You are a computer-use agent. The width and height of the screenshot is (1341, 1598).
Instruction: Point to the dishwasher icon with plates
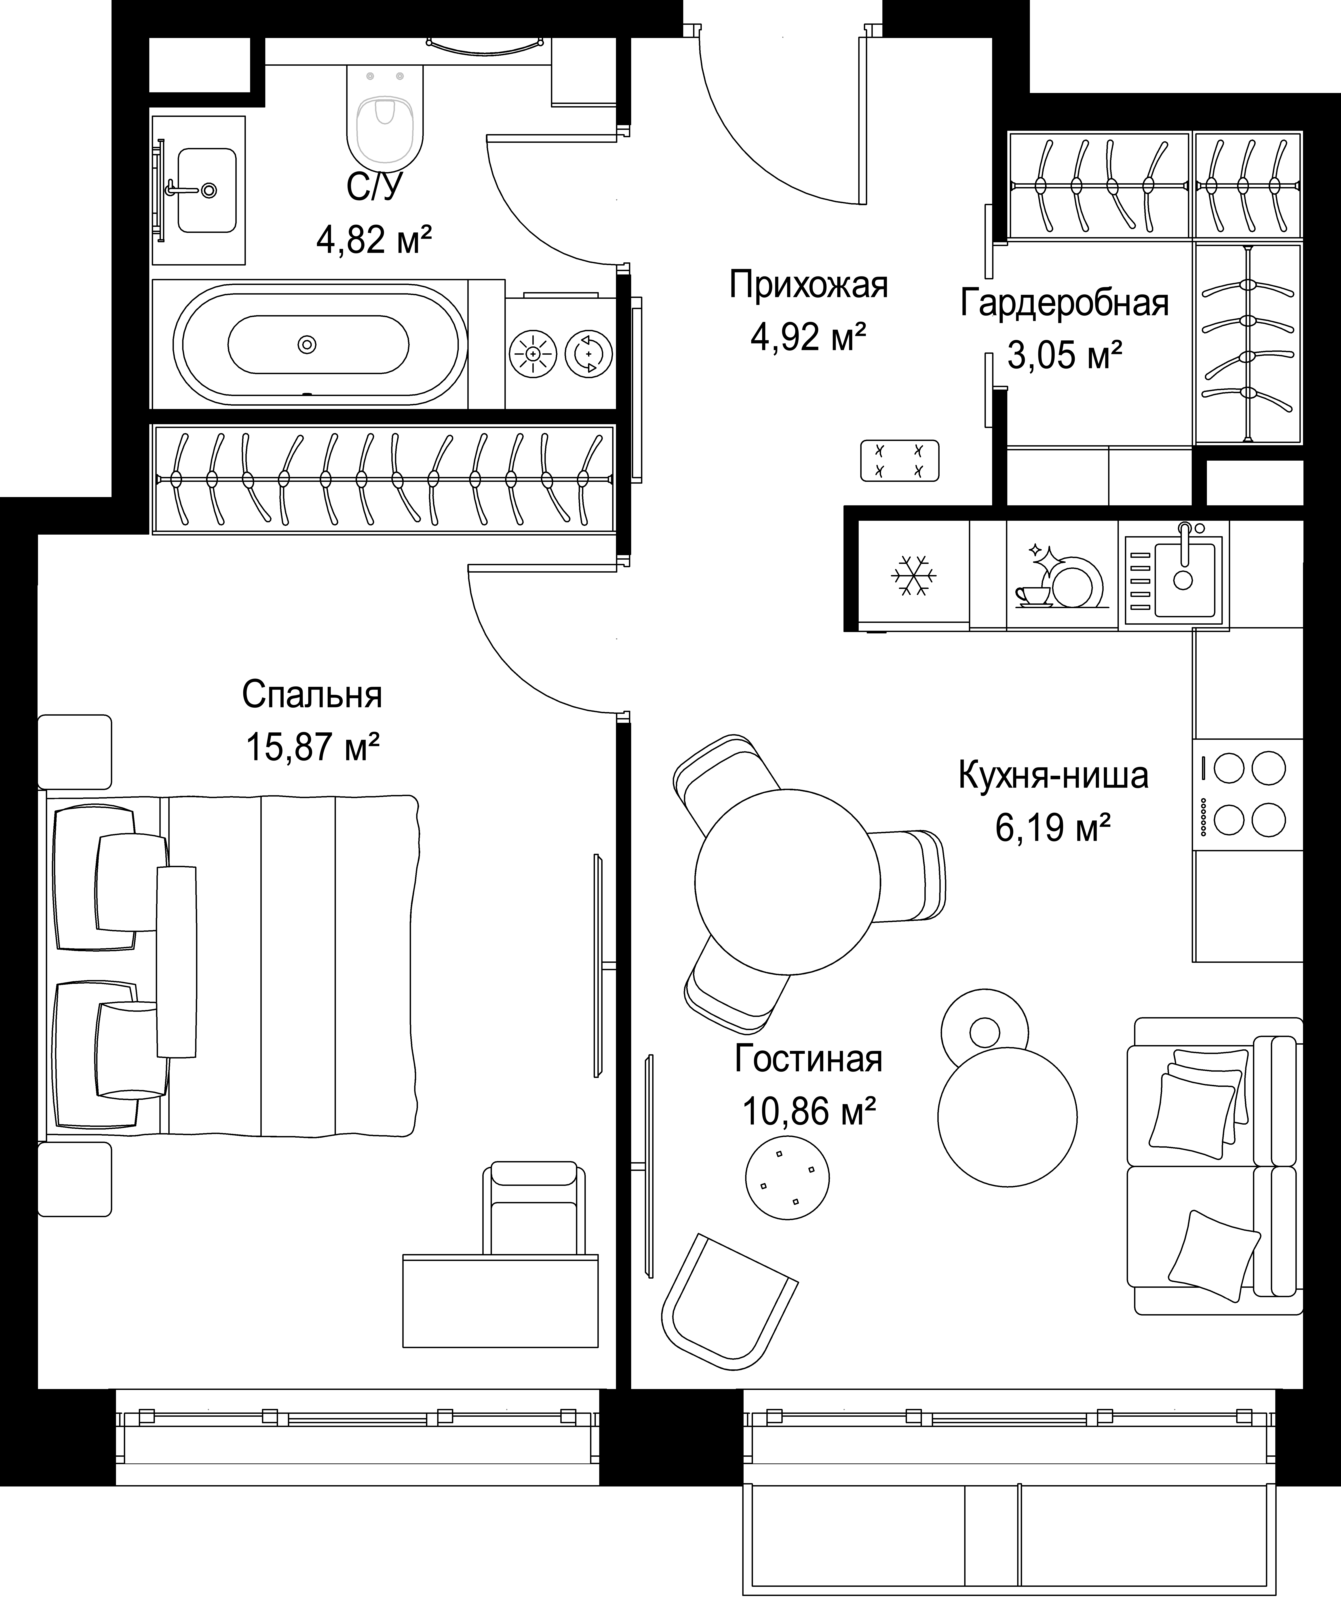[1059, 576]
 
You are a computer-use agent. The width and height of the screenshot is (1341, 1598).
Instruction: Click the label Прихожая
[808, 285]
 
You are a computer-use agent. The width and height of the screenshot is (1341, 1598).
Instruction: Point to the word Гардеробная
[1064, 303]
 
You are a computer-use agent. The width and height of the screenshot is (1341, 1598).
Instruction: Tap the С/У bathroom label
[374, 187]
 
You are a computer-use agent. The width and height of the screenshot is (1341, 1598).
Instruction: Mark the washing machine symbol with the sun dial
[533, 354]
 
